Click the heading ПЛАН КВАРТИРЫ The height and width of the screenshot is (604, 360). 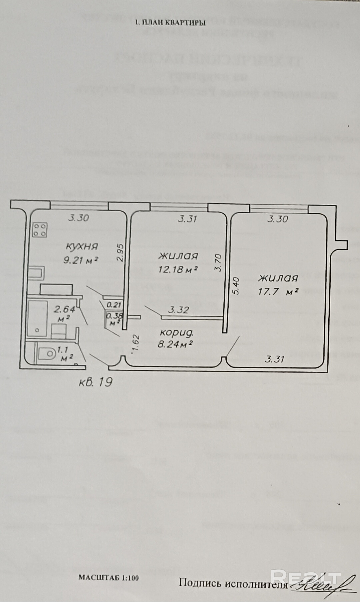[170, 23]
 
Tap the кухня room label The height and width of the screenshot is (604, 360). [82, 247]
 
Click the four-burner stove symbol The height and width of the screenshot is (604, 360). [40, 230]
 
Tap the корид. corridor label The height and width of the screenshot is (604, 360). [177, 332]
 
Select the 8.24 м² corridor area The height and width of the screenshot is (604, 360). [175, 344]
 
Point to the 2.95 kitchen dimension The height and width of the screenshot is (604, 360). [121, 253]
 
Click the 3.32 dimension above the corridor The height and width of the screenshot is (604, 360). [179, 310]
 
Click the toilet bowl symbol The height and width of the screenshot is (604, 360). [46, 353]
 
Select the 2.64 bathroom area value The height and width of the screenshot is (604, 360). [64, 309]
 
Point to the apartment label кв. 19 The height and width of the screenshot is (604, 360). [95, 382]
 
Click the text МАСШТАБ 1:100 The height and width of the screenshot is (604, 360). [109, 578]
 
